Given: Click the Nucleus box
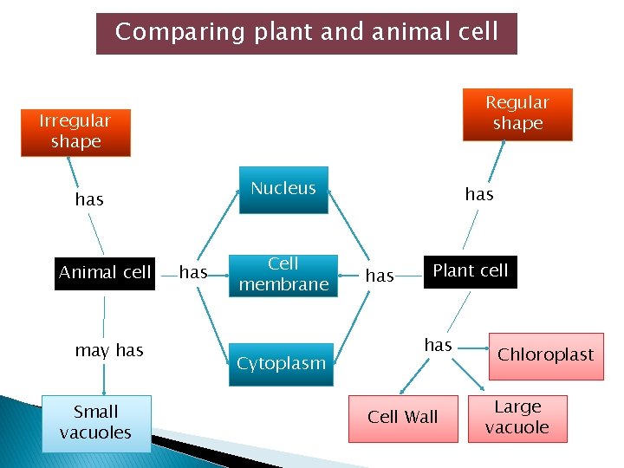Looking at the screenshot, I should (x=283, y=189).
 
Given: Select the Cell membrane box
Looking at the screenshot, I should (x=283, y=274).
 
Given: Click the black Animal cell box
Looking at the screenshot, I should (x=104, y=273).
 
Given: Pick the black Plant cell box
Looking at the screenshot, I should (x=471, y=271).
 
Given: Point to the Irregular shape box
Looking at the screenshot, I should (x=75, y=132).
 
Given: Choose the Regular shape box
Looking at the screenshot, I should (x=517, y=114).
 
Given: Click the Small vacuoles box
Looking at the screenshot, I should (x=96, y=423).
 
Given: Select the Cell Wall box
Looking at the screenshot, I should (x=403, y=418).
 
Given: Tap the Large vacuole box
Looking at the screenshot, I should (x=517, y=418).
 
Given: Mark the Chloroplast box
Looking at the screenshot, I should (x=545, y=355).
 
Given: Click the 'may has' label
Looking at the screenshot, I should (x=109, y=350).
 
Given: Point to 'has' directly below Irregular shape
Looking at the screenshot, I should (x=89, y=200).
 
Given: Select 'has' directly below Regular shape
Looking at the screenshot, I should (x=479, y=194).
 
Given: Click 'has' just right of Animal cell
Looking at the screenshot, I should (x=193, y=273).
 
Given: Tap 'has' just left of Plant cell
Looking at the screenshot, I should (x=380, y=276).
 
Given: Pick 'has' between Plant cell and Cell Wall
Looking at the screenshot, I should (x=439, y=345).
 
